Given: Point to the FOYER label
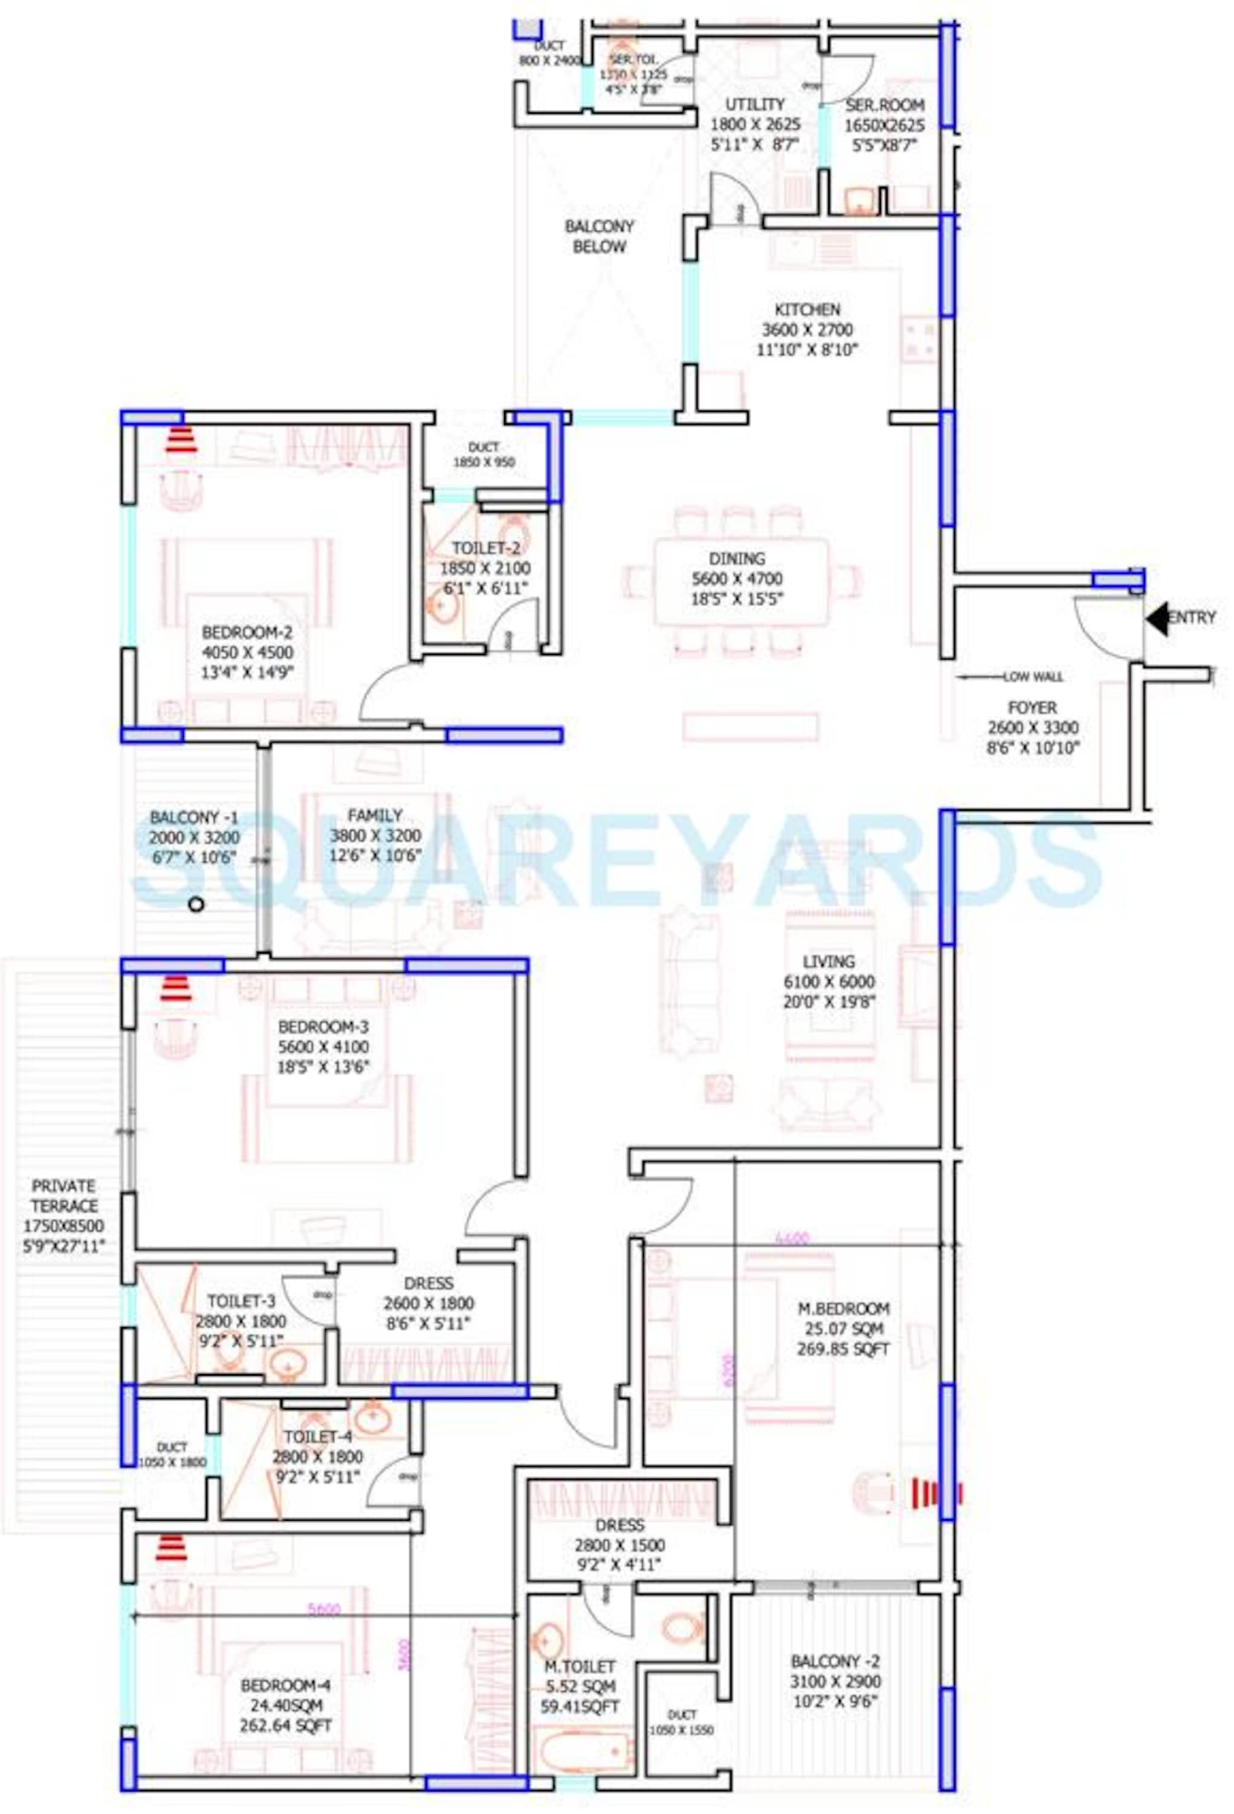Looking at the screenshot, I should point(1032,708).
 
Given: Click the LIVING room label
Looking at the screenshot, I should point(828,961).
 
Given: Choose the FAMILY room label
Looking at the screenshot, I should point(375,816).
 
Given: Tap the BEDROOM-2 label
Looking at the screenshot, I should point(247,631).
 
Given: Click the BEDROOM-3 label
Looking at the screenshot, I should point(322,1027).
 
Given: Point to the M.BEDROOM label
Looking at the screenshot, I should point(843,1308).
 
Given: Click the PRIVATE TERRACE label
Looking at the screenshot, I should point(64,1195).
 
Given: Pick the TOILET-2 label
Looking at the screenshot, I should point(485,548).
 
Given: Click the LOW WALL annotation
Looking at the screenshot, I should point(1032,677).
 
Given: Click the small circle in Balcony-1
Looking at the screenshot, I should point(196,905).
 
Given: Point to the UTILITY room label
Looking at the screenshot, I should point(754,105).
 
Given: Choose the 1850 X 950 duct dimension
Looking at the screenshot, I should point(483,462).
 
